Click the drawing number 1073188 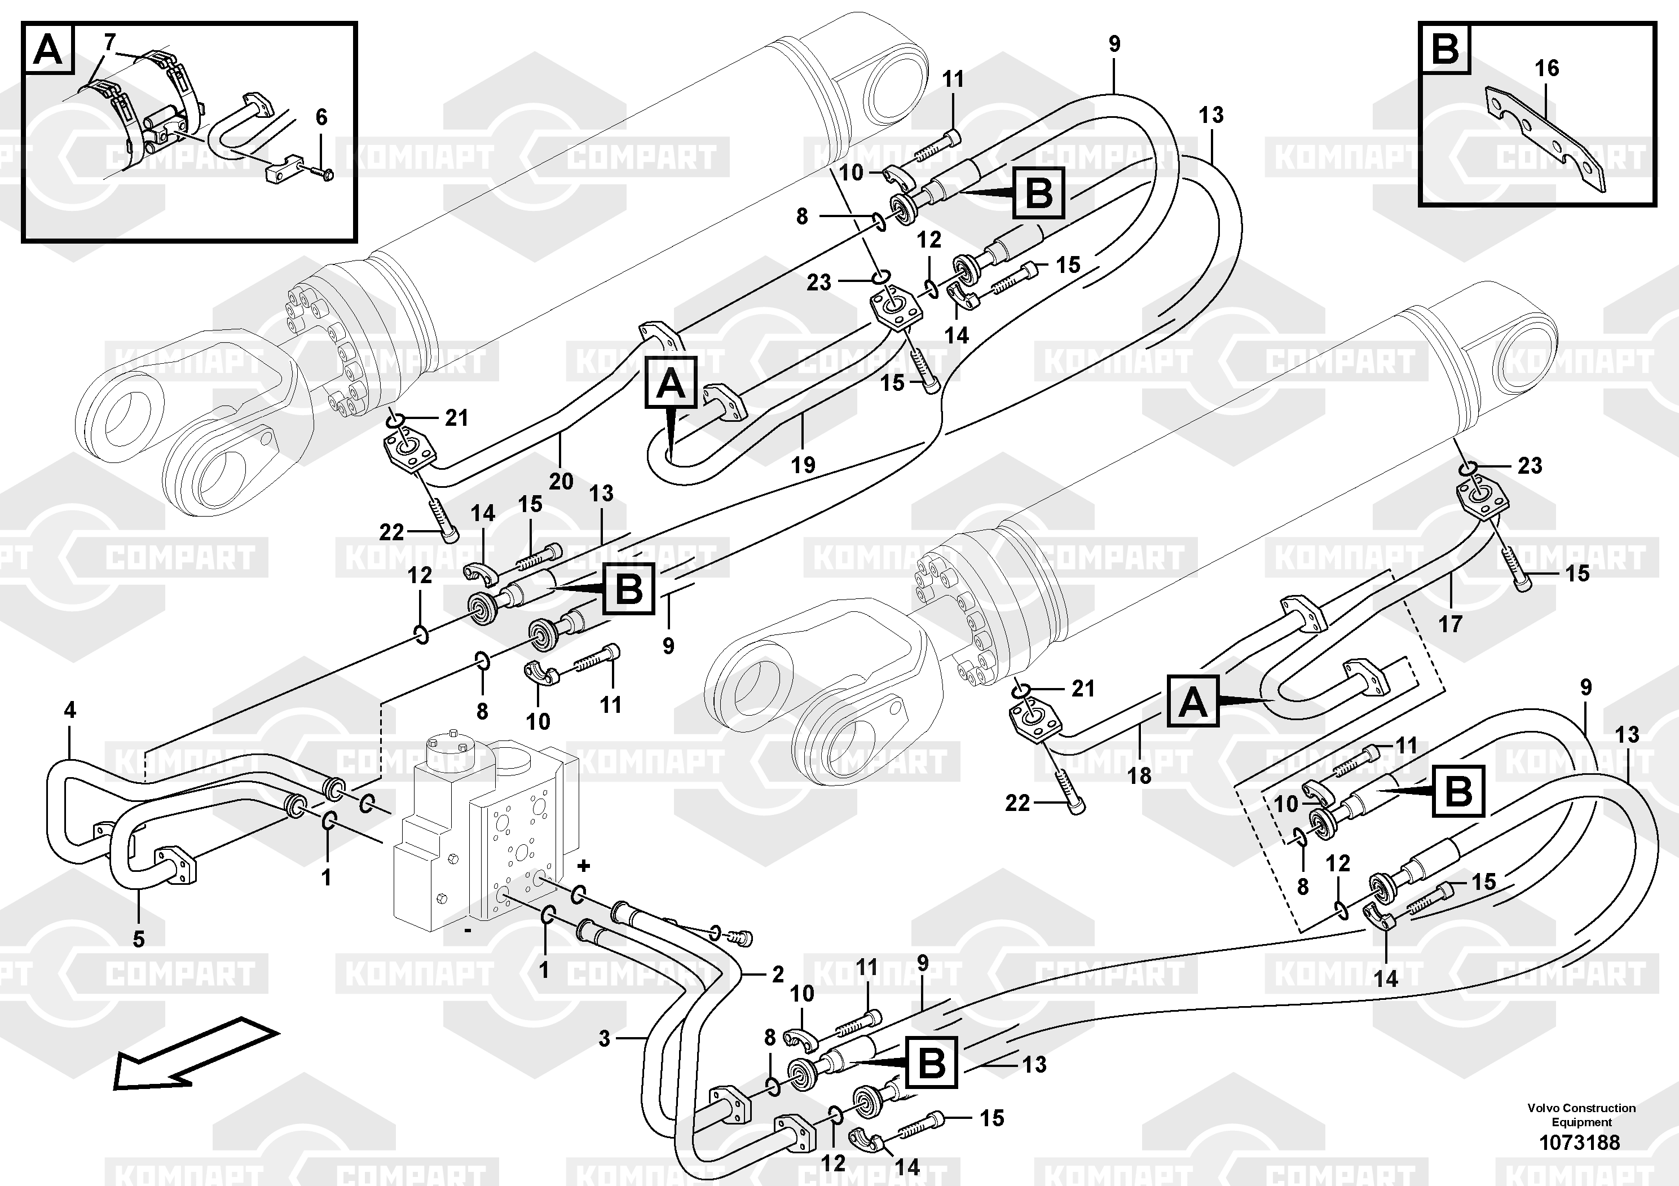point(1580,1142)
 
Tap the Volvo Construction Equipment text point(1581,1115)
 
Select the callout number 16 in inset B point(1546,68)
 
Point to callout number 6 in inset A point(321,117)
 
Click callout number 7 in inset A point(109,42)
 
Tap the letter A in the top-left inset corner point(49,50)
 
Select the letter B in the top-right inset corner point(1445,50)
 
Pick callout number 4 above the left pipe point(70,710)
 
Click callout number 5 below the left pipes point(139,939)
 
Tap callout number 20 point(561,481)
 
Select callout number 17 point(1450,624)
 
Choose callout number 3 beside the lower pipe point(604,1038)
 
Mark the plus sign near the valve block point(584,866)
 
